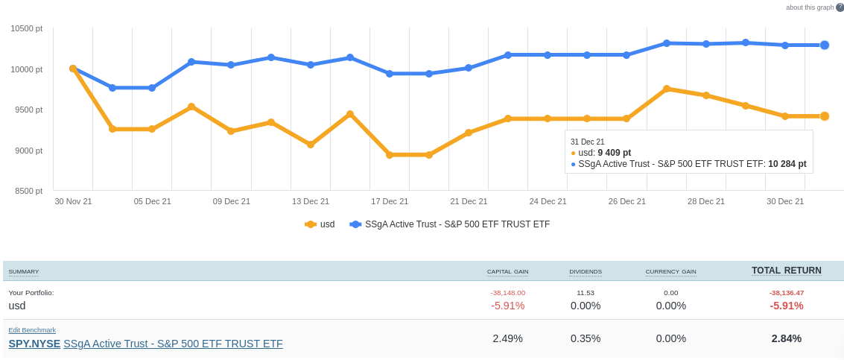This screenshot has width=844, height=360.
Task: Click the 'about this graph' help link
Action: point(810,7)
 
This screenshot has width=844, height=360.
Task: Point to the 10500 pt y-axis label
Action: point(26,28)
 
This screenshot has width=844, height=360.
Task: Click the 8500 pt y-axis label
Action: point(28,191)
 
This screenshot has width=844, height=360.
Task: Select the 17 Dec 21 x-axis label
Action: point(390,201)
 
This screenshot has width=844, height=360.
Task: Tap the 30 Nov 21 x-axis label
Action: point(73,201)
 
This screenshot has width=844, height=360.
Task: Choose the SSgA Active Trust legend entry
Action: point(450,224)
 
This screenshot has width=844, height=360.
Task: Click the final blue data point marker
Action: point(825,45)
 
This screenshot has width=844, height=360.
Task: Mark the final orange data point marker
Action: point(825,116)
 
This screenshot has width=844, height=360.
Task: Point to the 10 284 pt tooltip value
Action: point(787,164)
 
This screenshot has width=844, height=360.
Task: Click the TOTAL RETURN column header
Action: point(786,271)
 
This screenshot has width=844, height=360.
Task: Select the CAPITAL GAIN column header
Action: point(507,272)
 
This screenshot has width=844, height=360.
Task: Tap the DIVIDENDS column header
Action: point(586,272)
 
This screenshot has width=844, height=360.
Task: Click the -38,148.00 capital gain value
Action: point(507,293)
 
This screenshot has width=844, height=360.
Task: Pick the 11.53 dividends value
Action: point(586,293)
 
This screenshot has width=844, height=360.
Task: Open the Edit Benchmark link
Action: point(32,330)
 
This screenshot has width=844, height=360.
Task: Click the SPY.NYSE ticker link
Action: point(34,344)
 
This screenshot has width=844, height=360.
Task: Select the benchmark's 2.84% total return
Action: point(786,338)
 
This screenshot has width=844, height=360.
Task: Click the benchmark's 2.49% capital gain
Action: point(507,338)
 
